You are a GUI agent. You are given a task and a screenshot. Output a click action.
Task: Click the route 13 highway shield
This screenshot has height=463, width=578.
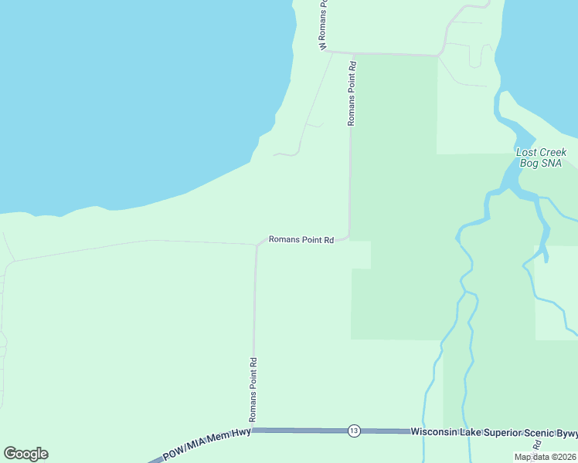(354, 431)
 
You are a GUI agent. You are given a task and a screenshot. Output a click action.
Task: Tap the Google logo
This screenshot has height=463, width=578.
(25, 454)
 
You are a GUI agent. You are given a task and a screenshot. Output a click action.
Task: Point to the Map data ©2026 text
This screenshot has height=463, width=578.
(546, 457)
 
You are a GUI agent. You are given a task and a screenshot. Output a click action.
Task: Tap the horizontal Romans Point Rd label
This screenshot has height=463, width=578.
(301, 240)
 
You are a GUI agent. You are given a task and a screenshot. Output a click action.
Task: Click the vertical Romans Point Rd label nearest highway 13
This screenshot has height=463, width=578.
(253, 389)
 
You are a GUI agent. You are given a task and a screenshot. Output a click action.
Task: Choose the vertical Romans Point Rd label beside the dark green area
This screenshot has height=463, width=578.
(352, 94)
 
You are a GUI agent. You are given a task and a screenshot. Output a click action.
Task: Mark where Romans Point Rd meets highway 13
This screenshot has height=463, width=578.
(253, 431)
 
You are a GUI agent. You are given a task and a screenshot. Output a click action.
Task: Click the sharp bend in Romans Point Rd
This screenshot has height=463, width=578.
(348, 236)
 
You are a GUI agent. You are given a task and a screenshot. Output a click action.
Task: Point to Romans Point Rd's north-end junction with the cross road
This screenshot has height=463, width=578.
(353, 54)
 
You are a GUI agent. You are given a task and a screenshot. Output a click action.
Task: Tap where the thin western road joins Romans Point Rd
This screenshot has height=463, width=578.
(256, 245)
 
